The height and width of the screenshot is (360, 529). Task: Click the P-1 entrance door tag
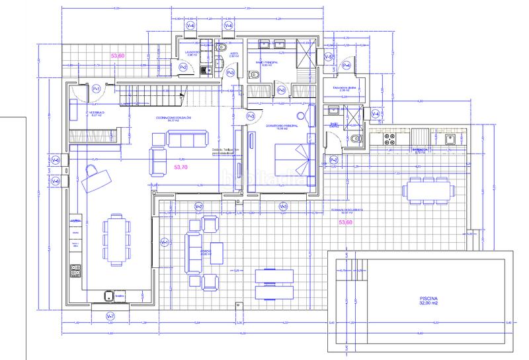click(x=96, y=89)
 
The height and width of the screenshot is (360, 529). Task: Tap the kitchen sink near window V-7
click(x=108, y=296)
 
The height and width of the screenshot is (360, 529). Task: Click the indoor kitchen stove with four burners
click(x=75, y=270)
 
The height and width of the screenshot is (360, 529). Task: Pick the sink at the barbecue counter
click(x=450, y=139)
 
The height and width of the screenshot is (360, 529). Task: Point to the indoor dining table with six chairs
click(x=116, y=238)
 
